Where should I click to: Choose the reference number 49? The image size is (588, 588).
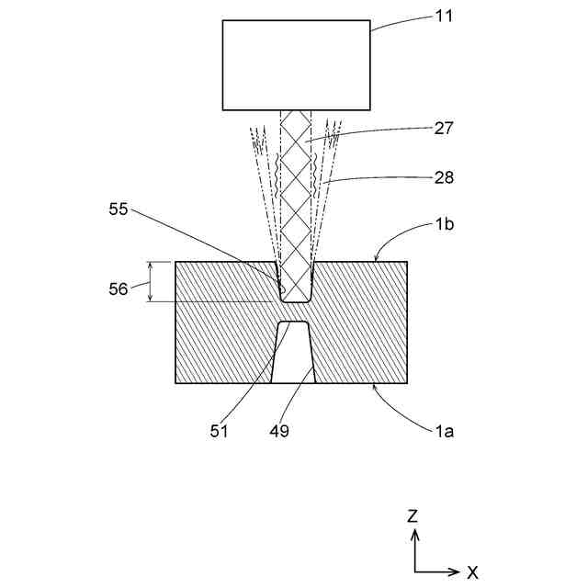[x=280, y=429]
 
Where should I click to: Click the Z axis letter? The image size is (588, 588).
[x=414, y=515]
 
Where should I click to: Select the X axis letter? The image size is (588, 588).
[x=472, y=572]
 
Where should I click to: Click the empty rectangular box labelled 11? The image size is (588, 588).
[x=296, y=64]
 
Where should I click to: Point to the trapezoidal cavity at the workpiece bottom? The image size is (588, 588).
[x=294, y=354]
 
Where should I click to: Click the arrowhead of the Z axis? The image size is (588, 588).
[x=414, y=534]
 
